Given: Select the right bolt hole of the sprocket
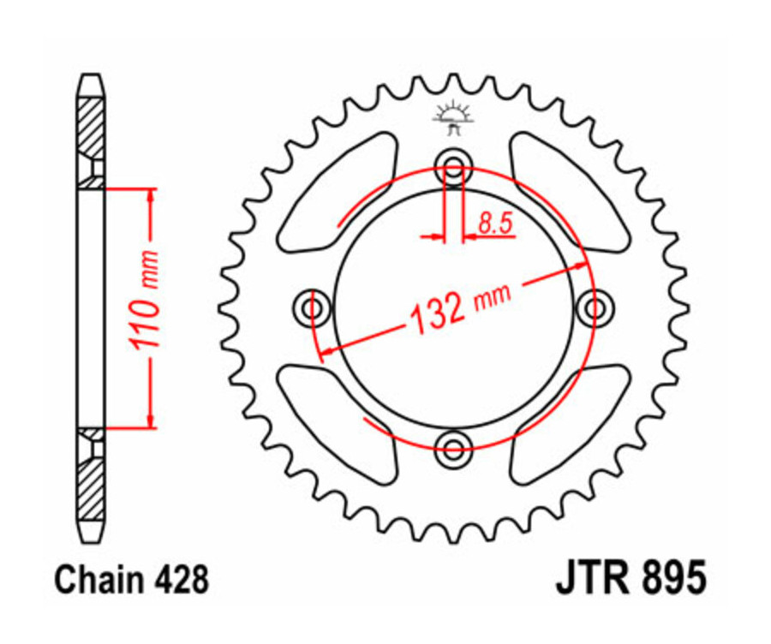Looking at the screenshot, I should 593,306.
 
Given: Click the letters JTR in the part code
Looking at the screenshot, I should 591,577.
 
